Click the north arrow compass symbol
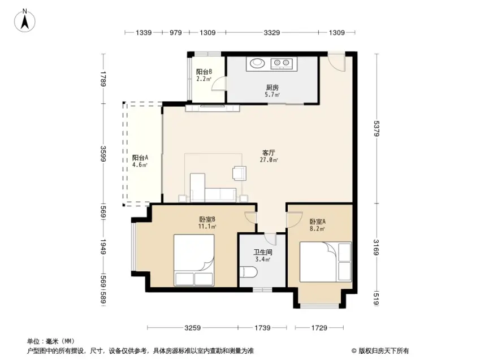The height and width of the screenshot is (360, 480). point(25,20)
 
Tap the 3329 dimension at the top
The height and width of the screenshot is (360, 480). point(271,32)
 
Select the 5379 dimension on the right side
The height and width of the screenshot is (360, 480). point(376,129)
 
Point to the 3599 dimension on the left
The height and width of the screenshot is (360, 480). point(103,154)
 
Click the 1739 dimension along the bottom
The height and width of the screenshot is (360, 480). point(262,328)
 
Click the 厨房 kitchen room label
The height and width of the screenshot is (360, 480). point(272,88)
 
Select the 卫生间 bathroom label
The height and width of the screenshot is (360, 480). point(263,252)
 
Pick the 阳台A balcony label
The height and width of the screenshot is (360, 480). point(140,158)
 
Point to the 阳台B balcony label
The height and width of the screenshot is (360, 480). point(204,72)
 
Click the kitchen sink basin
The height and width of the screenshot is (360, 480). point(257,63)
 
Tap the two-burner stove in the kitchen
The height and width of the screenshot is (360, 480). point(282,63)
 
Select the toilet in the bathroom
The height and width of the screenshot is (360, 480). point(248,272)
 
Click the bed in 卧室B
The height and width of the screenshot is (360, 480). point(194,260)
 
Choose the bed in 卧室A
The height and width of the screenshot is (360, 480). point(326,262)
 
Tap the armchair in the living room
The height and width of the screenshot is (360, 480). point(239,172)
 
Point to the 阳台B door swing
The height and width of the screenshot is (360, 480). point(219,83)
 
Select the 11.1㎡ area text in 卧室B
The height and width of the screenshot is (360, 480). point(207,227)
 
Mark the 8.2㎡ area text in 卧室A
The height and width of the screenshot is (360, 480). point(317,229)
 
